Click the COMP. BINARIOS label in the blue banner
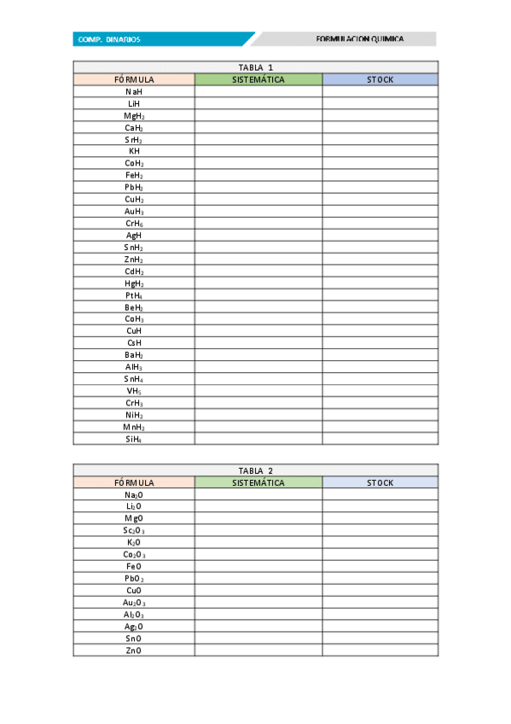tap(109, 39)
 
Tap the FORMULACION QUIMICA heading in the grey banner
tap(359, 39)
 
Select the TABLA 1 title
tap(256, 67)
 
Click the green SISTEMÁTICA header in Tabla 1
tap(258, 79)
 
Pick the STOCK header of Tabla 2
tap(380, 482)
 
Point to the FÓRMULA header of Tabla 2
tap(134, 482)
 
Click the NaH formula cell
tap(134, 91)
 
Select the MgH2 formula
tap(134, 115)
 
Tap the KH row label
tap(134, 151)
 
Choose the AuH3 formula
tap(134, 211)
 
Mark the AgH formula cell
tap(134, 235)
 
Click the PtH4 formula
tap(134, 295)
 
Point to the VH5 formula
tap(134, 391)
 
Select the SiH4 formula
tap(134, 439)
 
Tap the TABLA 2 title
tap(256, 470)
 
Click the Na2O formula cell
tap(134, 494)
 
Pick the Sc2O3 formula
tap(134, 530)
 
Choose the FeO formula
tap(134, 566)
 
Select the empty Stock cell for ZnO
tap(380, 651)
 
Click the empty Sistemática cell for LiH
tap(258, 103)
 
